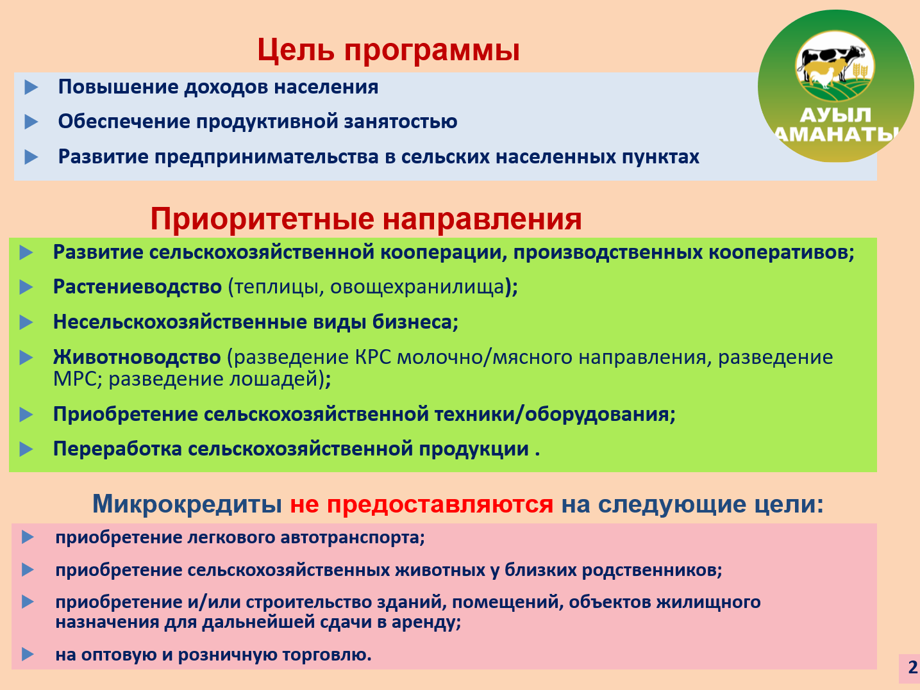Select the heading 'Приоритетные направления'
pyautogui.click(x=366, y=218)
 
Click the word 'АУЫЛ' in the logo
pyautogui.click(x=835, y=115)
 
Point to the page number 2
pyautogui.click(x=912, y=666)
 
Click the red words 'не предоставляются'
pyautogui.click(x=421, y=504)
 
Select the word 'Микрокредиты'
pyautogui.click(x=187, y=504)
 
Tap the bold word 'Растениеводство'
pyautogui.click(x=137, y=287)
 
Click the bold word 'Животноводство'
pyautogui.click(x=137, y=357)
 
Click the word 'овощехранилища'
pyautogui.click(x=417, y=287)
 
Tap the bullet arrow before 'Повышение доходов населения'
pyautogui.click(x=31, y=87)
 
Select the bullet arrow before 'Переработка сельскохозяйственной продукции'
pyautogui.click(x=26, y=449)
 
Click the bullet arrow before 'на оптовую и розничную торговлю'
pyautogui.click(x=28, y=654)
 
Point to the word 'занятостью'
pyautogui.click(x=401, y=122)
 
